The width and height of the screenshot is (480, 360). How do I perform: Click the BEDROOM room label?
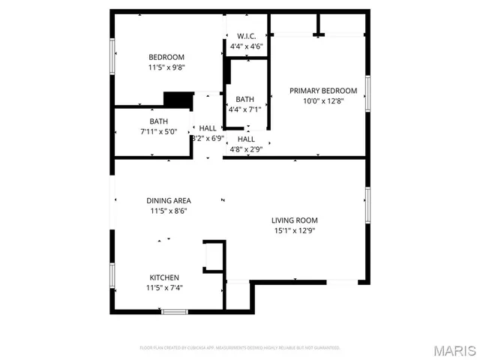166,57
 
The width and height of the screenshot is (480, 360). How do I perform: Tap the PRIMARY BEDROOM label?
323,91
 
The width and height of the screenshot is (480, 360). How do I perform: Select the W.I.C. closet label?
247,36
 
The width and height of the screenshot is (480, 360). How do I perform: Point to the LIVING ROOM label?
294,220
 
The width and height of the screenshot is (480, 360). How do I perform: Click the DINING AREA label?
168,200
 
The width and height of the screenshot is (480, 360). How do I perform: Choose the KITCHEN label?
164,277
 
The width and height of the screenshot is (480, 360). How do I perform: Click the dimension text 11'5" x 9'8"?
166,67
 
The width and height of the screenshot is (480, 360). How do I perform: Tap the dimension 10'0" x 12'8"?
323,101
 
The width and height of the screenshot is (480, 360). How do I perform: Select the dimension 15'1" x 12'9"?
294,231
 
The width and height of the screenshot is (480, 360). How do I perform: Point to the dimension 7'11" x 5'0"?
158,132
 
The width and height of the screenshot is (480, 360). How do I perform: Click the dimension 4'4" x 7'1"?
245,109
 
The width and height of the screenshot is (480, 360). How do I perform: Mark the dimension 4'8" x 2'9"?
246,149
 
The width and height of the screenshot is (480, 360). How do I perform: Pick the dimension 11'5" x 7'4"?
164,288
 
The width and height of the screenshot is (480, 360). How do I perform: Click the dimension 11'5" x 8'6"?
168,211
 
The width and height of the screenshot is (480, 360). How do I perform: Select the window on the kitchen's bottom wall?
174,311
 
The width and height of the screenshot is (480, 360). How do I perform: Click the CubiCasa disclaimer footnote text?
240,348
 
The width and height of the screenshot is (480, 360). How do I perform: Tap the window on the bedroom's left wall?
112,56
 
